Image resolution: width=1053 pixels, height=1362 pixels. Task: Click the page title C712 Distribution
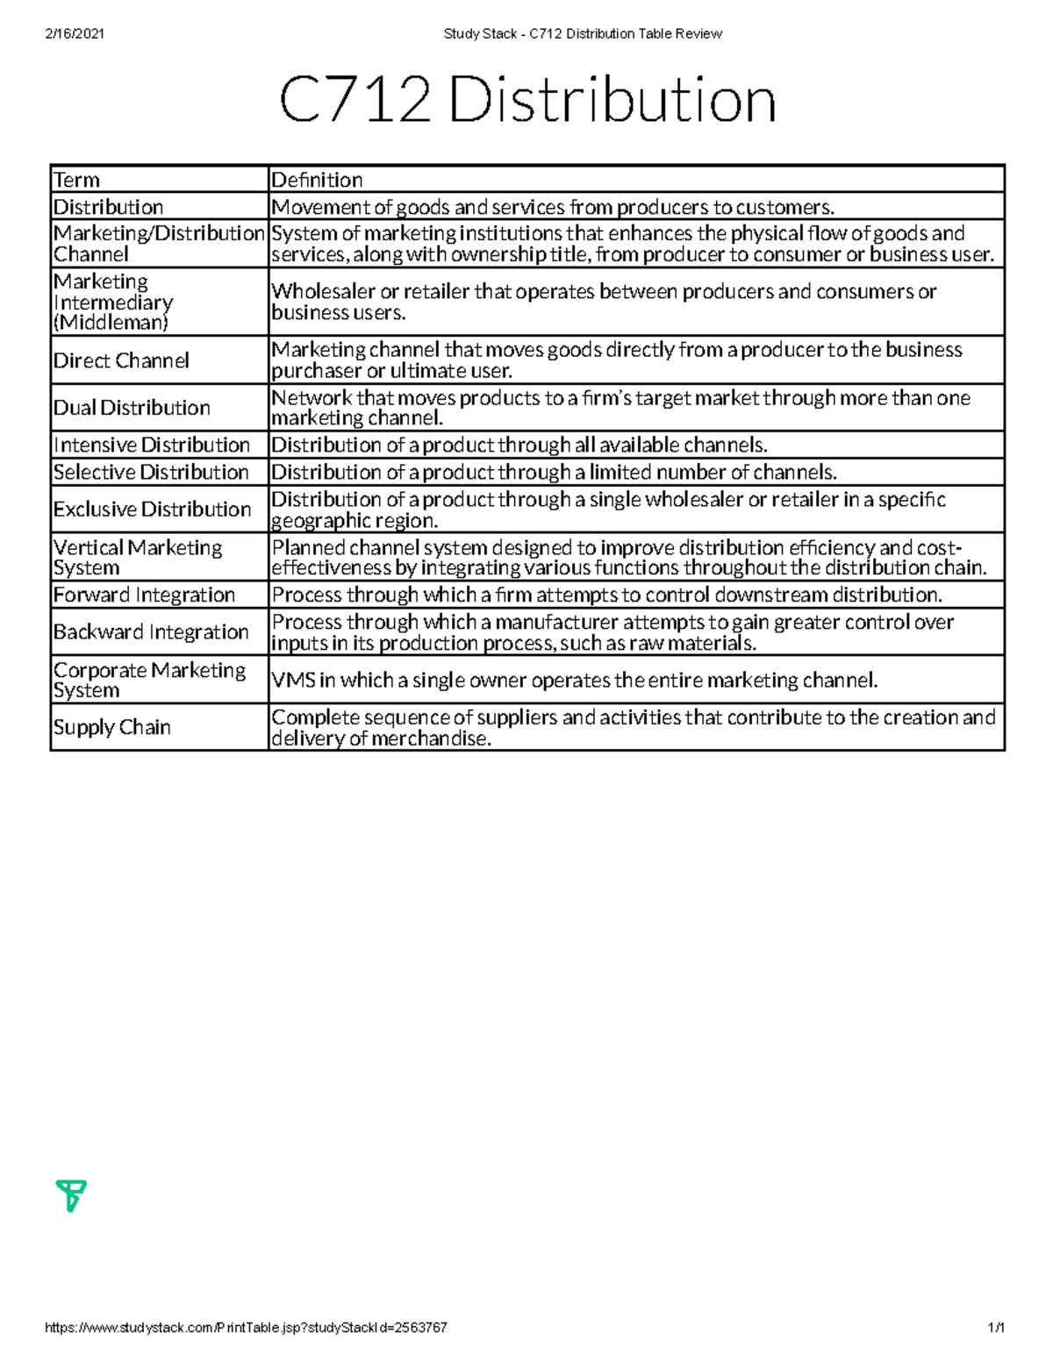(527, 102)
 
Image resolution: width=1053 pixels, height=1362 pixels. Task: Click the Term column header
(77, 180)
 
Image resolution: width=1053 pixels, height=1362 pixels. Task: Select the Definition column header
(317, 180)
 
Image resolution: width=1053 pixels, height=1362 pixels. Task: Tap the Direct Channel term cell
(121, 360)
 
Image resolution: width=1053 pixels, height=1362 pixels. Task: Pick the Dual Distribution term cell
(132, 408)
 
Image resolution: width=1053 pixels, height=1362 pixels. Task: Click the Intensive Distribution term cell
(151, 445)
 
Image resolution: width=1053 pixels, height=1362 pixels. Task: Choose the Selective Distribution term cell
(151, 472)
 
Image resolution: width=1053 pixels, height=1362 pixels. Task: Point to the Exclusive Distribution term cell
(152, 510)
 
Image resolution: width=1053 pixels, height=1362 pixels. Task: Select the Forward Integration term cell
(144, 595)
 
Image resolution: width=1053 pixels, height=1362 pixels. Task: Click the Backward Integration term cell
(151, 632)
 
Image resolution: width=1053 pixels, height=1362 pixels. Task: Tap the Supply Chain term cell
(111, 727)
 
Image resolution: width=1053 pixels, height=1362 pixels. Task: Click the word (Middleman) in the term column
(111, 323)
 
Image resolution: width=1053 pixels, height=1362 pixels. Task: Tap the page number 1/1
(995, 1328)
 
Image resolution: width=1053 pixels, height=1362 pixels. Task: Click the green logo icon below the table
(71, 1195)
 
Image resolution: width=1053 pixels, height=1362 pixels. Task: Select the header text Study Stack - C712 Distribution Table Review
(583, 33)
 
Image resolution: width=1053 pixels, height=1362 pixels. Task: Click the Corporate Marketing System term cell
(149, 680)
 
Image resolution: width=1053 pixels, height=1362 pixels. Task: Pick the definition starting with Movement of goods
(553, 207)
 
